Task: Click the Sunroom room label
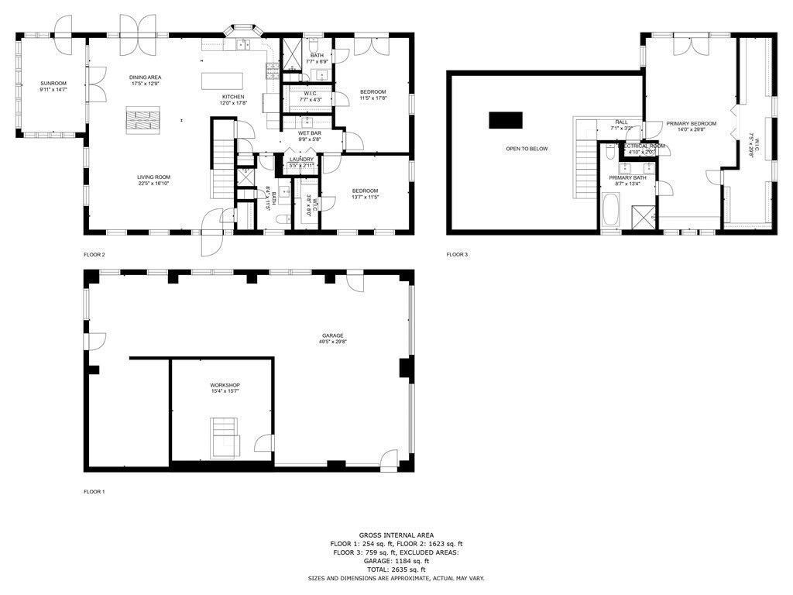tap(53, 83)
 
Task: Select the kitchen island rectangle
tap(222, 81)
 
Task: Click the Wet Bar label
tap(309, 133)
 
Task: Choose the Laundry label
tap(301, 160)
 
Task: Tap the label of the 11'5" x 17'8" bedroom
tap(372, 92)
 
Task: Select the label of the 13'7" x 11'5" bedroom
tap(365, 191)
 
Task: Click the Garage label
tap(333, 335)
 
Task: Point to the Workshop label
tap(225, 385)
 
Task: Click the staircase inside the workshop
tap(225, 437)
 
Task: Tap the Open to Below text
tap(527, 149)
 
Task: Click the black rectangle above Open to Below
tap(505, 121)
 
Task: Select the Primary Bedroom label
tap(692, 123)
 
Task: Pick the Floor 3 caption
tap(457, 255)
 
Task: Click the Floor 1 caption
tap(94, 491)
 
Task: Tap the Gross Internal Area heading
tap(396, 535)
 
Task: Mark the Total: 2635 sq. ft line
tap(396, 569)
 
